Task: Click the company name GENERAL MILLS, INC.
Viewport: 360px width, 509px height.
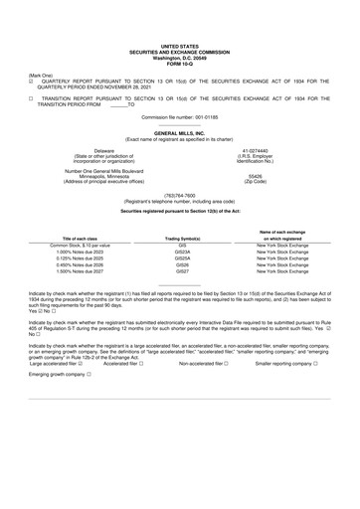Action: click(180, 132)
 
